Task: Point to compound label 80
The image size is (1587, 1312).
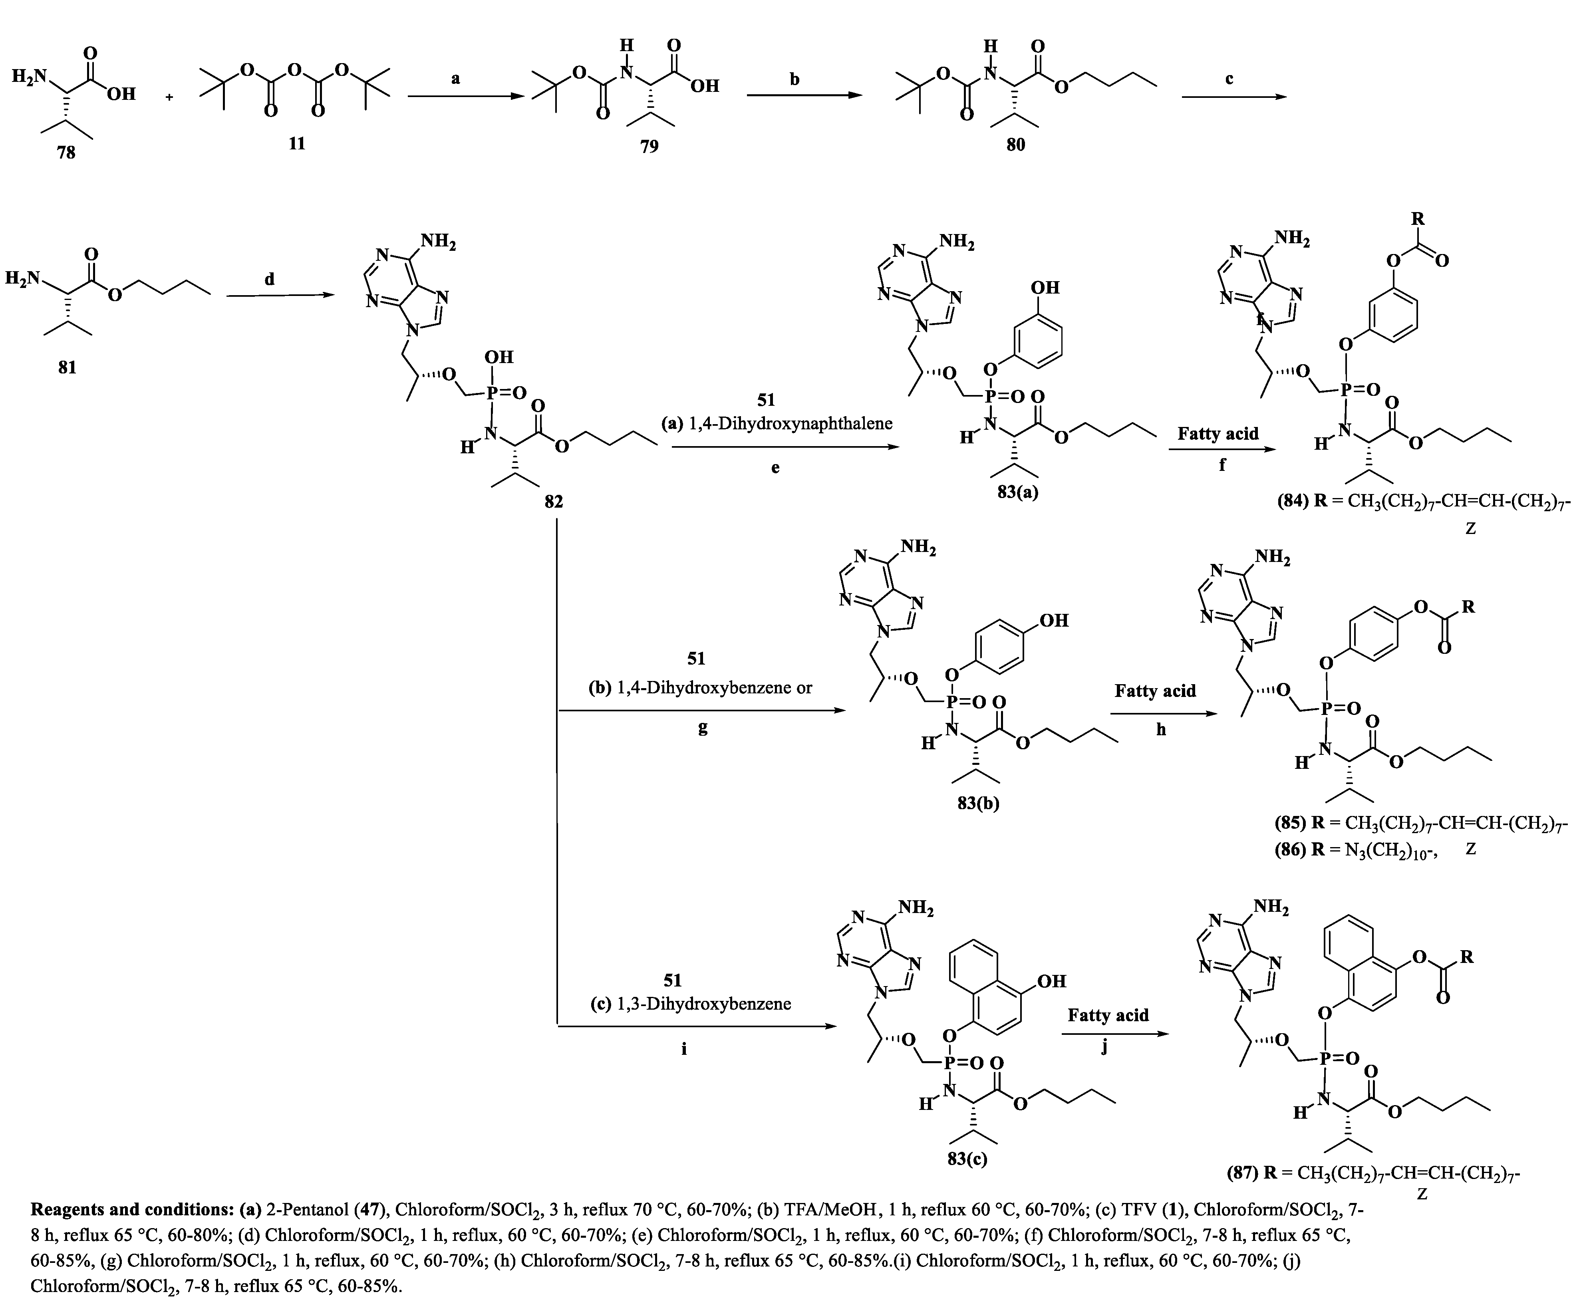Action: pos(1016,144)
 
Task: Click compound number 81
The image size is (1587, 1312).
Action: pos(67,368)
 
